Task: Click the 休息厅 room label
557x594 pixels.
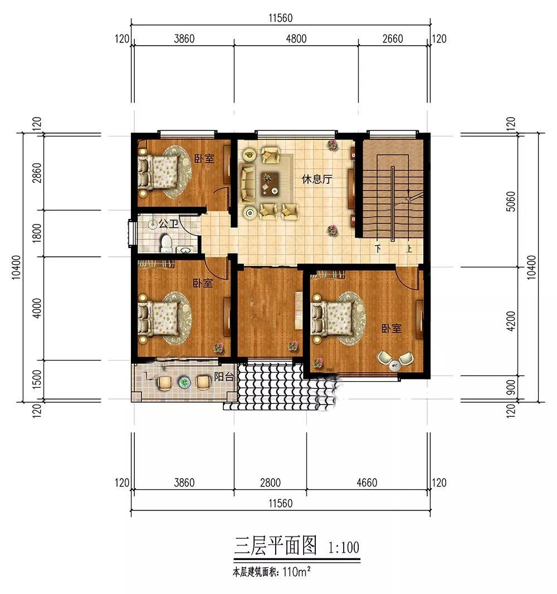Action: (317, 179)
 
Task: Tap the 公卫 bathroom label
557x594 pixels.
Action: (168, 223)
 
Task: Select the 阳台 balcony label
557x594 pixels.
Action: (224, 377)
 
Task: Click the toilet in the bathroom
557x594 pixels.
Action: (166, 243)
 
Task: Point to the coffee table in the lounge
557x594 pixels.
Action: (269, 183)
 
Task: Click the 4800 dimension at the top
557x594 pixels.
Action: (296, 38)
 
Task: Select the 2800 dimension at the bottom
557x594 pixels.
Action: (270, 483)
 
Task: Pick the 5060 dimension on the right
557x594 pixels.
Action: (511, 202)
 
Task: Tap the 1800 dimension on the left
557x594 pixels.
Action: (37, 233)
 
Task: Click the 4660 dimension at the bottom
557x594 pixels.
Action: (367, 483)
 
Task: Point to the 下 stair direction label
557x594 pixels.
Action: (378, 249)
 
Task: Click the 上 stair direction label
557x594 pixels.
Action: (409, 249)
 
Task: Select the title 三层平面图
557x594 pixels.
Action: (275, 546)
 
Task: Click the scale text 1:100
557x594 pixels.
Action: (344, 547)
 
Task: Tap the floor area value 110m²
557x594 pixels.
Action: (296, 572)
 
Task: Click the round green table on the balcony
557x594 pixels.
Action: (184, 383)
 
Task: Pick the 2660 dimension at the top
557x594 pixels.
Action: (393, 38)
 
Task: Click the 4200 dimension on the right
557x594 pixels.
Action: (511, 322)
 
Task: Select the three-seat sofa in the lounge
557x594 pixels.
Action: (247, 183)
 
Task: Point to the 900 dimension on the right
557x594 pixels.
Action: (511, 387)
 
